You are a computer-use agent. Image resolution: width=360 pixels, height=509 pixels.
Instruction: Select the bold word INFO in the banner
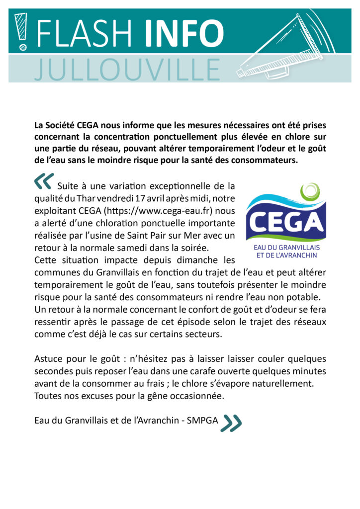(184, 33)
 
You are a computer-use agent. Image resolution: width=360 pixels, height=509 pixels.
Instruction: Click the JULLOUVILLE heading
(127, 70)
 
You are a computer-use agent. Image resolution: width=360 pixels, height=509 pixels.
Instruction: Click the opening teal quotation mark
(44, 182)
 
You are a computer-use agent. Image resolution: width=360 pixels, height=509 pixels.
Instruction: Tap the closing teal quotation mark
(231, 422)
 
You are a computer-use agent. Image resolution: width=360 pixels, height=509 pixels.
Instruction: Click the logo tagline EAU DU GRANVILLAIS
(286, 247)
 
